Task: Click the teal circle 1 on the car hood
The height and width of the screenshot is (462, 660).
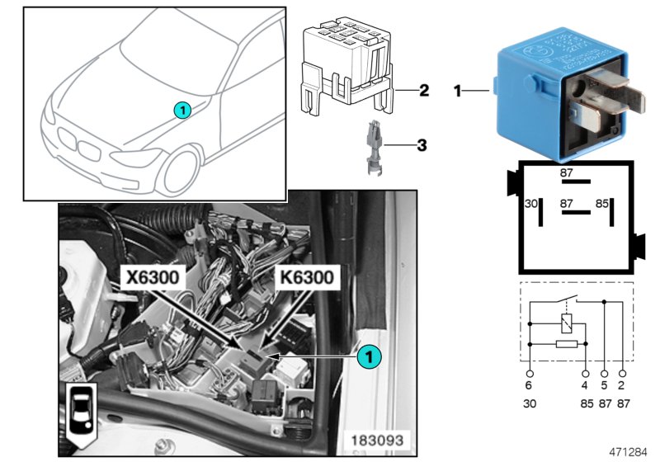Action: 181,109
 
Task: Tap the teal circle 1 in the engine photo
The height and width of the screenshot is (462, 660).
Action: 370,356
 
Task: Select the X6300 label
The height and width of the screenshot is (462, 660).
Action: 152,278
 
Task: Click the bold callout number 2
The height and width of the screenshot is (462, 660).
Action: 423,90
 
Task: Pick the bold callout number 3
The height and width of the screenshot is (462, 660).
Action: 422,146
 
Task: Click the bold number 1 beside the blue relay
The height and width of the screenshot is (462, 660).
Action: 457,90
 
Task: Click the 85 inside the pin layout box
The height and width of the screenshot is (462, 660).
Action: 602,203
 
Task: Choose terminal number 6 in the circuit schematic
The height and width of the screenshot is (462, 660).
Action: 529,384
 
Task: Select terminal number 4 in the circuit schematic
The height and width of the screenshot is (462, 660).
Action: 585,384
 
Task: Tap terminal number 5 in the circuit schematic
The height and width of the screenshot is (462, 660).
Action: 604,384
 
